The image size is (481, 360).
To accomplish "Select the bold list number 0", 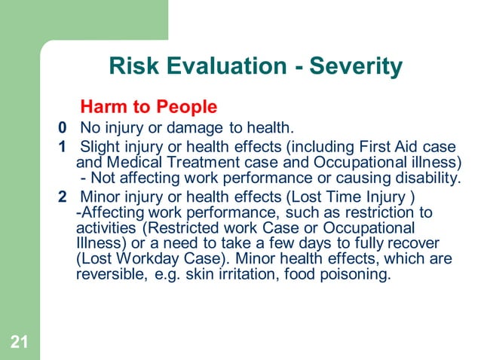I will (63, 127).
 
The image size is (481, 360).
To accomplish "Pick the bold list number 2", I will (63, 198).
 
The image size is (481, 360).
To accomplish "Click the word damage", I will (188, 127).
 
